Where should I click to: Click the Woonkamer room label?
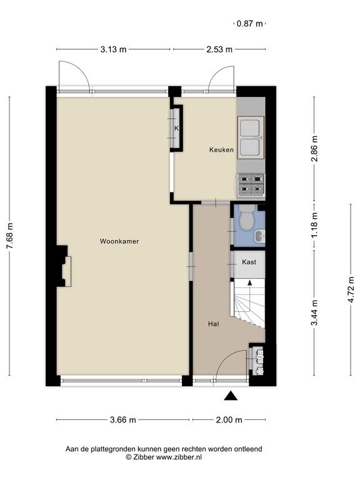119,241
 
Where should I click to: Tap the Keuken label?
221,150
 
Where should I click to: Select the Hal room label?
213,324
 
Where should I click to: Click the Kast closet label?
249,262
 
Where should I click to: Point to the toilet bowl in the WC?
247,219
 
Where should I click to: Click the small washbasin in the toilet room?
260,236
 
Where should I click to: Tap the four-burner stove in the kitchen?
251,184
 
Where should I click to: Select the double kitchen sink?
251,137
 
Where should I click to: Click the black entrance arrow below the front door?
231,396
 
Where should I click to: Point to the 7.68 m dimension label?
10,236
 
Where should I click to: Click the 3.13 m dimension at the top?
113,49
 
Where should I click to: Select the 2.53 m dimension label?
219,49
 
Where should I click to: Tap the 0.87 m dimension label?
250,23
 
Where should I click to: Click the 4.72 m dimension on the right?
351,289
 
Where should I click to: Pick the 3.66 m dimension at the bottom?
122,420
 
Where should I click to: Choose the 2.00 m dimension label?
229,420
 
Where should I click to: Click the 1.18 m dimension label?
314,225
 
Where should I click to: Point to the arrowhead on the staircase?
250,282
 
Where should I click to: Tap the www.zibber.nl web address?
179,457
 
